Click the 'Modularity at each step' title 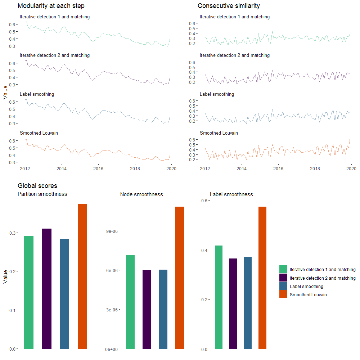click(51, 6)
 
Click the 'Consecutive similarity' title click(229, 6)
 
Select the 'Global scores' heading click(37, 186)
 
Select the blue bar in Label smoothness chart click(247, 303)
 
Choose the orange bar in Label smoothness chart click(262, 278)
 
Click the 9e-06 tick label click(112, 231)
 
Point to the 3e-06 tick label click(112, 310)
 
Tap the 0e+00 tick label click(112, 349)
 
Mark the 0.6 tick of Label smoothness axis click(204, 201)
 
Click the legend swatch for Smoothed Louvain click(283, 294)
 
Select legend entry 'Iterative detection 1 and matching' click(322, 269)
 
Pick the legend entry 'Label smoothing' click(306, 286)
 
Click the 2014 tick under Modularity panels click(62, 168)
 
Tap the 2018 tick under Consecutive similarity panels click(315, 168)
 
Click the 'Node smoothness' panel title click(141, 194)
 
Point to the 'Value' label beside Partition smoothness click(5, 277)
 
